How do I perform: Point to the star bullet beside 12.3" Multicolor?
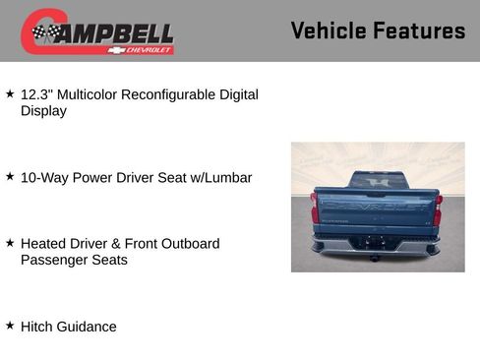click(x=10, y=94)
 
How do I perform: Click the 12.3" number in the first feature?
click(x=36, y=95)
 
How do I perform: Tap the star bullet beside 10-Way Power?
click(x=10, y=177)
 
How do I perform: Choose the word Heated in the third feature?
click(x=43, y=244)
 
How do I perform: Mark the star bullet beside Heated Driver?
click(x=10, y=243)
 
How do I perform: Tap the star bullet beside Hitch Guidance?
click(x=10, y=326)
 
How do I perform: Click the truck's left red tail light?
click(x=316, y=210)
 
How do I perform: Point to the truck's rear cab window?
click(x=377, y=182)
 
